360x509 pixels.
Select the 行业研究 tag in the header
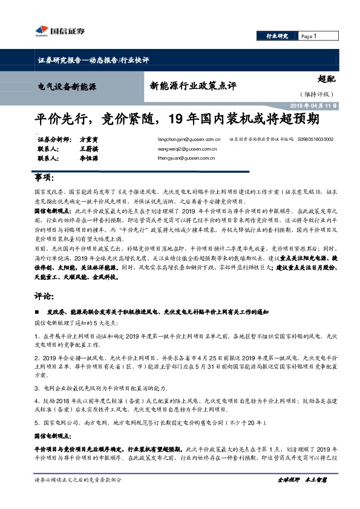(x=278, y=37)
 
